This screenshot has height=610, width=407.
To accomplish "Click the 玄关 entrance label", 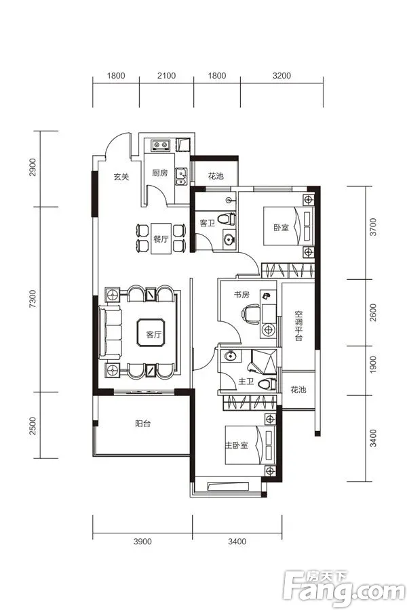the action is coord(121,177).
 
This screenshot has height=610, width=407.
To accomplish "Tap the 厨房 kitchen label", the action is coord(160,173).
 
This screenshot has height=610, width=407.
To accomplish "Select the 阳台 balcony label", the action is coord(142,424).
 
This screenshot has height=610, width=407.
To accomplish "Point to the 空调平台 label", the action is coord(298,325).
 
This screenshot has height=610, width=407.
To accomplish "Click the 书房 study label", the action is coord(241,295).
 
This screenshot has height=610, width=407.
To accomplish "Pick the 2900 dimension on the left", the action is coord(33,167).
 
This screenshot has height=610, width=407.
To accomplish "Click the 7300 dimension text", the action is coord(33,299).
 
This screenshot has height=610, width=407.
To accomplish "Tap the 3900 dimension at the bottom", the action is coord(142,542).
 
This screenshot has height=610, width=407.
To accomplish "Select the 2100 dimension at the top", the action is coord(166,75).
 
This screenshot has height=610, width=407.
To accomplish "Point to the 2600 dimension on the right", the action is coord(373,312).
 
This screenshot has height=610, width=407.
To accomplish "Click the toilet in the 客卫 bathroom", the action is coord(227,219).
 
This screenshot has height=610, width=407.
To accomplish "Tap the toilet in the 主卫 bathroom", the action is coord(267,384).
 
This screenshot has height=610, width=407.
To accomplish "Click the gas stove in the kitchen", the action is coord(161,145).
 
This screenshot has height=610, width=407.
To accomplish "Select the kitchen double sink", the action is coord(180,177).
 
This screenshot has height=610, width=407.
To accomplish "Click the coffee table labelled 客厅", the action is coord(151,333).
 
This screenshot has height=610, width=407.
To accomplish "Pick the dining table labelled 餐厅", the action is coord(161,239).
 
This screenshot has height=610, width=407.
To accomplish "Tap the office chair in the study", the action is coord(250,314).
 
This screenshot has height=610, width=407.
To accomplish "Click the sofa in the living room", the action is coord(111,332).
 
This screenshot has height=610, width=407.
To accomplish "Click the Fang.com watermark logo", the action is coord(344,590).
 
